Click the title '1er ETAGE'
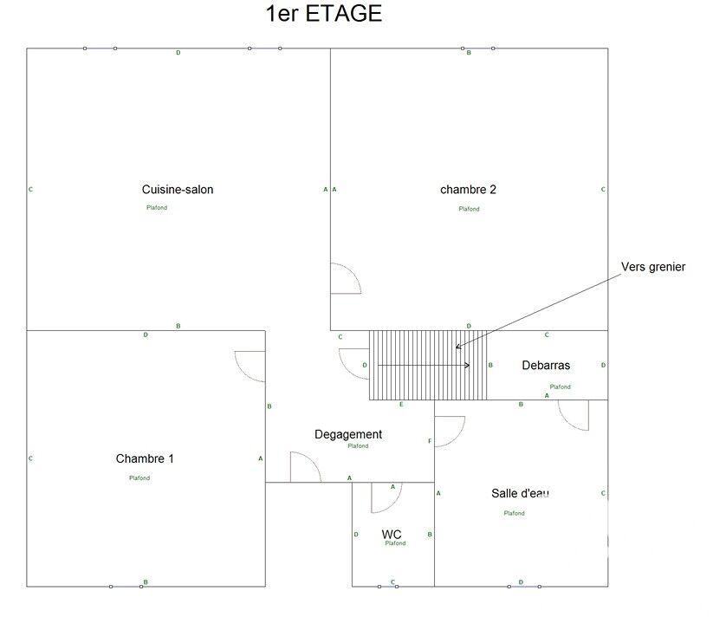pos(324,14)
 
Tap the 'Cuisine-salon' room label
pos(178,189)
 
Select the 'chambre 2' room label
pos(468,189)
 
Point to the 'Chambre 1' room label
pos(145,458)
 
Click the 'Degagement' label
pos(348,435)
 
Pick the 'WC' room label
pos(391,535)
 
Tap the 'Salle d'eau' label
pos(520,493)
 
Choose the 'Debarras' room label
pos(546,365)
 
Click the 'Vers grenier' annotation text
pos(653,267)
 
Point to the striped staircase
pos(428,365)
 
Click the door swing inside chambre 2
pos(346,278)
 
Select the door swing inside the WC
pos(386,497)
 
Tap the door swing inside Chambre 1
pos(250,367)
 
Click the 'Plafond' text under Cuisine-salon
pos(157,208)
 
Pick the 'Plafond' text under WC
pos(395,543)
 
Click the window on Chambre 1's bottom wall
pos(126,587)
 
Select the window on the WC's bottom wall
pos(388,587)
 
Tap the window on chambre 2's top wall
pos(478,49)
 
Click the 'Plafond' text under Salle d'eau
pos(515,513)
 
